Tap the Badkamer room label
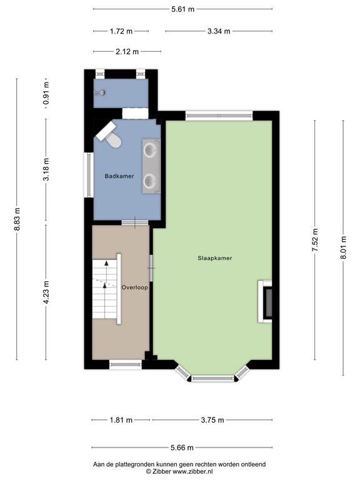[x=119, y=176]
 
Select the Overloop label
[x=134, y=288]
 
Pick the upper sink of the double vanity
[x=151, y=150]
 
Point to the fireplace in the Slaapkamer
[x=266, y=301]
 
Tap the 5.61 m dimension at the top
[x=182, y=9]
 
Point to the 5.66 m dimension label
[x=182, y=447]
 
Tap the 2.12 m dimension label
[x=127, y=51]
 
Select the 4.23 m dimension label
[x=46, y=292]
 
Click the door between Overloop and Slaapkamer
[x=151, y=269]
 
